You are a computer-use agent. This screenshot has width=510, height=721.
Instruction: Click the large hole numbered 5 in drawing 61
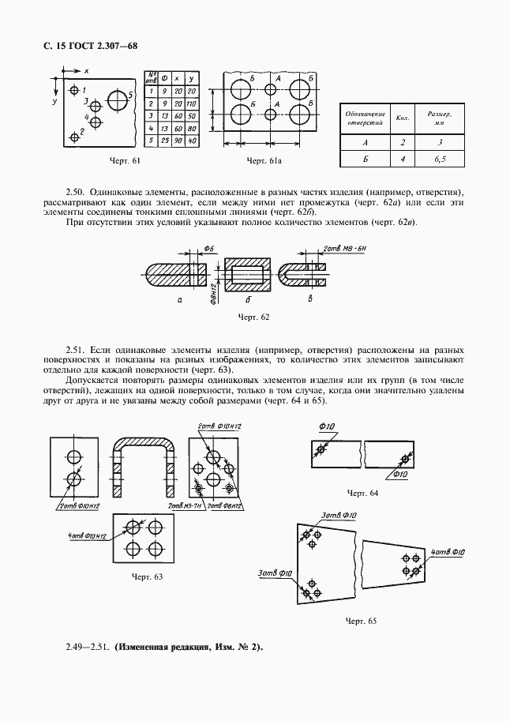118,100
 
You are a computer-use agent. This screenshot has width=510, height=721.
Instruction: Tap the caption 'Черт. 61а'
264,162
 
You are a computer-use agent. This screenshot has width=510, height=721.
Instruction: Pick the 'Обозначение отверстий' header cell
365,118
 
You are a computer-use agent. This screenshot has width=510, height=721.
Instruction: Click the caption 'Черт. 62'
253,317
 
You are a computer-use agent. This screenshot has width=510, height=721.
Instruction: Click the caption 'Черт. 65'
361,621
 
